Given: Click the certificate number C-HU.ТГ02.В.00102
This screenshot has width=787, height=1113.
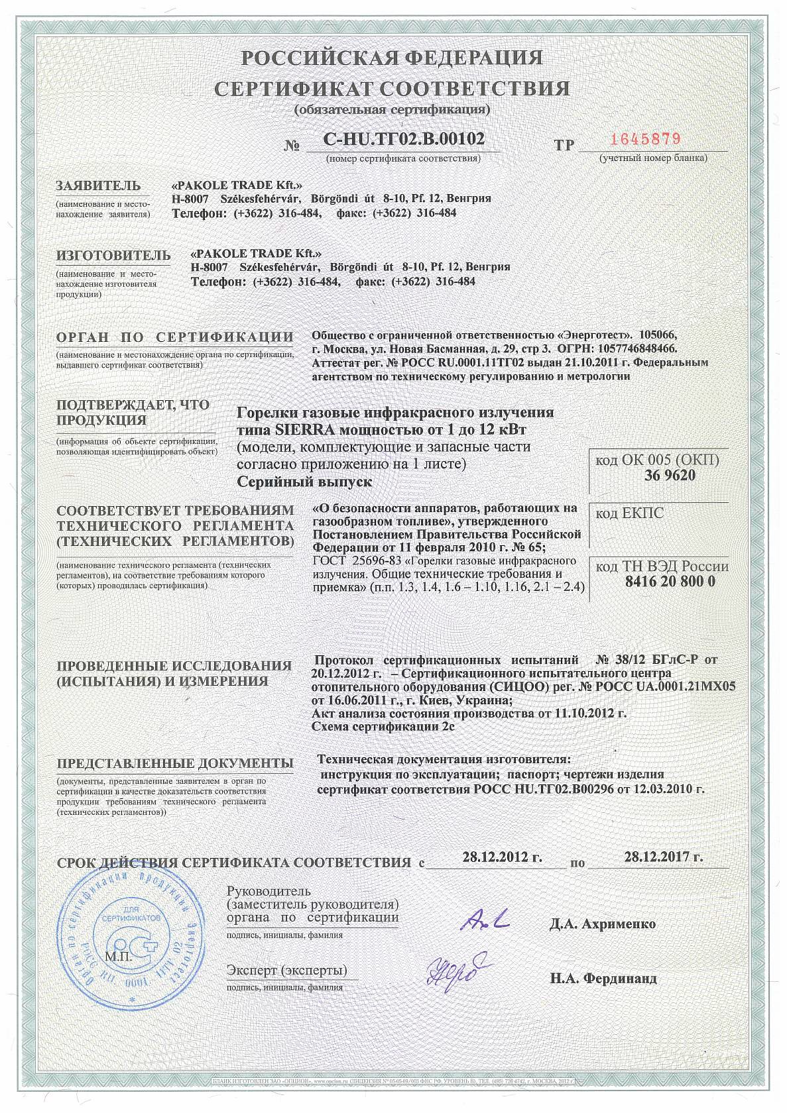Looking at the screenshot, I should click(404, 139).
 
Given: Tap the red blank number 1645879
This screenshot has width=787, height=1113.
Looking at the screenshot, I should click(645, 139).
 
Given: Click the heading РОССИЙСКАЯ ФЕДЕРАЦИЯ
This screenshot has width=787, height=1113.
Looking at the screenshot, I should click(391, 58).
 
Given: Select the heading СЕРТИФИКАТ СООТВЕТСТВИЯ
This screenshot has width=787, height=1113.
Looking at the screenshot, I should click(393, 89).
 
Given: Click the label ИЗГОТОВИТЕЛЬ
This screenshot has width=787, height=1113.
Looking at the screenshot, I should click(113, 255).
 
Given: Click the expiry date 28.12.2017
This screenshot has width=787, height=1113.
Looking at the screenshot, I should click(663, 856).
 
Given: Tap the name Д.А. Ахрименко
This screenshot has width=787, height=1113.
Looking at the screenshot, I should click(602, 924).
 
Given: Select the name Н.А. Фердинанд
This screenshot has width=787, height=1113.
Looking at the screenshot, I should click(603, 978).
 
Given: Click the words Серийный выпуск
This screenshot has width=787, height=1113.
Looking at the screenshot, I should click(304, 482).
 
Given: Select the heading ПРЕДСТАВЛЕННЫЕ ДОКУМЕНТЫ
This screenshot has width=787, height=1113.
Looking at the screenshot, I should click(175, 763).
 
